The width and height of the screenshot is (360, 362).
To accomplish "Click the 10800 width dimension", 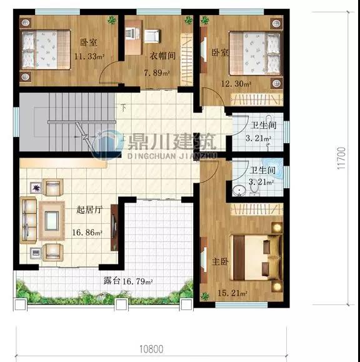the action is tap(151, 349).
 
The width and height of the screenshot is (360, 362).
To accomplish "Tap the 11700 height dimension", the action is tap(341, 158).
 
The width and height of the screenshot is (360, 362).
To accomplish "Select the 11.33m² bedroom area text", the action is tap(89, 56).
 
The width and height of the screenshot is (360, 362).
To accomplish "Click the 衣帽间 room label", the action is tap(162, 56).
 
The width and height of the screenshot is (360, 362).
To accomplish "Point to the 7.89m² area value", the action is tap(157, 73).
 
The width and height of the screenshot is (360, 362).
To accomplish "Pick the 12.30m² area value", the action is tap(236, 84).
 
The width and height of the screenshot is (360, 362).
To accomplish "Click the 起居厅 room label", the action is tap(89, 210).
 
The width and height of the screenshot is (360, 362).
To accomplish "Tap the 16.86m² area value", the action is tap(87, 232).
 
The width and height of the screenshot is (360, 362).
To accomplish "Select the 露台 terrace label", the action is tap(112, 281).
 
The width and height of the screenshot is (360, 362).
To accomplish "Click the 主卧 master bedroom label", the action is tap(221, 262).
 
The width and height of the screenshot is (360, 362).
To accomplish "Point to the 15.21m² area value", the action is tap(232, 293).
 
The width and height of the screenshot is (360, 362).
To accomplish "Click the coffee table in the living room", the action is tap(52, 221).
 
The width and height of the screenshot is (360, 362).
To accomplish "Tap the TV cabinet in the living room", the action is tap(114, 228).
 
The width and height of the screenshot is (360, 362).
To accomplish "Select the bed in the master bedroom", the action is tap(257, 258).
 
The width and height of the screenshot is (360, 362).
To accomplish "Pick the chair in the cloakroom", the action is tap(152, 36).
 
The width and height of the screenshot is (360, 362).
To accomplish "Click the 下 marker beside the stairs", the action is tap(124, 108).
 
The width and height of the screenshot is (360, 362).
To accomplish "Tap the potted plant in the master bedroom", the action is tap(204, 296).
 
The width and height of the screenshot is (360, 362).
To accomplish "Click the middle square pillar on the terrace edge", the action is tap(121, 304).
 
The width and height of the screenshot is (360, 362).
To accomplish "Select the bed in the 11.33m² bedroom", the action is tap(46, 49).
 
